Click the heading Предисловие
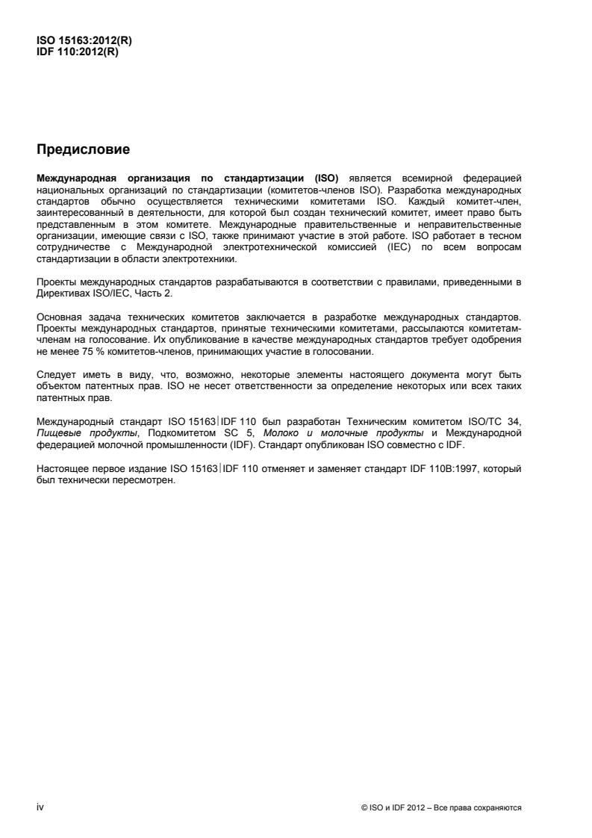83,149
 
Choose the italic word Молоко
275,431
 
